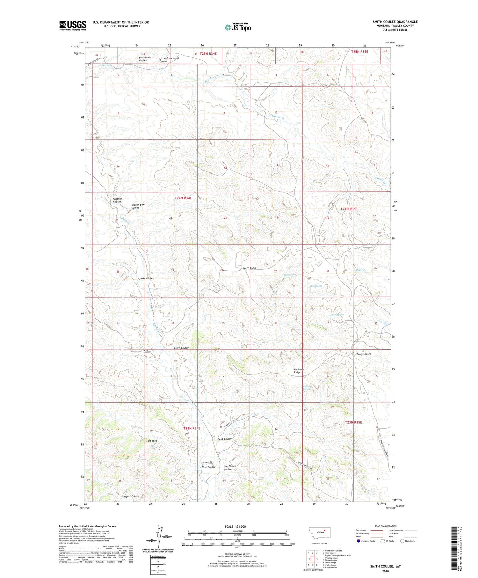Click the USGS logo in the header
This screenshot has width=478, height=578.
(x=73, y=26)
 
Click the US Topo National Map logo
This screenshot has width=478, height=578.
(x=237, y=27)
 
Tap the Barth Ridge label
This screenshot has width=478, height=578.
(x=249, y=268)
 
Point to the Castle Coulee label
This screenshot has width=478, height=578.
(x=146, y=278)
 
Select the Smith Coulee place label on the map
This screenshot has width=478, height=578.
(x=181, y=348)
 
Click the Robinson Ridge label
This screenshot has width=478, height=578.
(x=299, y=371)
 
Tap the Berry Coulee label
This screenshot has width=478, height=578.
(x=364, y=354)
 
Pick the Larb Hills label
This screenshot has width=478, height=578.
(x=152, y=441)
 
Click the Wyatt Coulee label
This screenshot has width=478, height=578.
(x=132, y=496)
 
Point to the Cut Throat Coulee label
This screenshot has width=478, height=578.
(x=230, y=468)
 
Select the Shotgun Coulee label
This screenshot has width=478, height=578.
(x=117, y=200)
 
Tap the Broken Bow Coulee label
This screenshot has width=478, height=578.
(x=138, y=206)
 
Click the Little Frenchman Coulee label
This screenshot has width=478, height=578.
(x=169, y=60)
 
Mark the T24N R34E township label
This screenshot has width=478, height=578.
(x=183, y=198)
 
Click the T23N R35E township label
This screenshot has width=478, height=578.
(x=353, y=422)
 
